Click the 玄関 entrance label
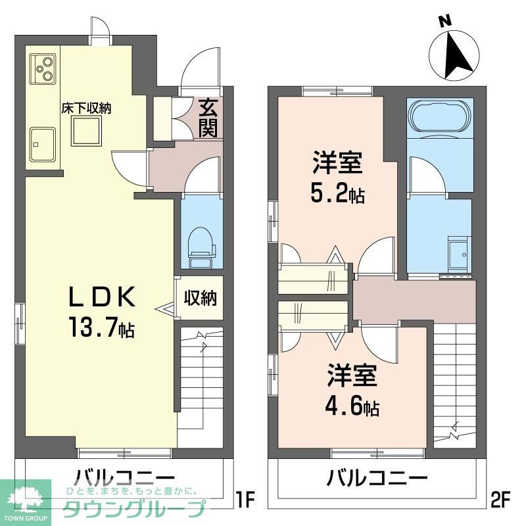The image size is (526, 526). (208, 118)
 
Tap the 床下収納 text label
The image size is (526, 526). (86, 108)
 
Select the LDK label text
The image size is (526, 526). (102, 297)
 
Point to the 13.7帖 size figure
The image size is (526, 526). (102, 327)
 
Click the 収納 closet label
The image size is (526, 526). (200, 298)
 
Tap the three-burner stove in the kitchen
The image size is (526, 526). (43, 69)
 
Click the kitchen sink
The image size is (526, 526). (43, 144)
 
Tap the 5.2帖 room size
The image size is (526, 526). (337, 194)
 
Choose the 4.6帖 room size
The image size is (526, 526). (352, 407)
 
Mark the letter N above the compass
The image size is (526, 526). (445, 22)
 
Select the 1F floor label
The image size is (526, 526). (245, 499)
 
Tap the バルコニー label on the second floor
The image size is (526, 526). (377, 479)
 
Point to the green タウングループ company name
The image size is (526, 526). (134, 509)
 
